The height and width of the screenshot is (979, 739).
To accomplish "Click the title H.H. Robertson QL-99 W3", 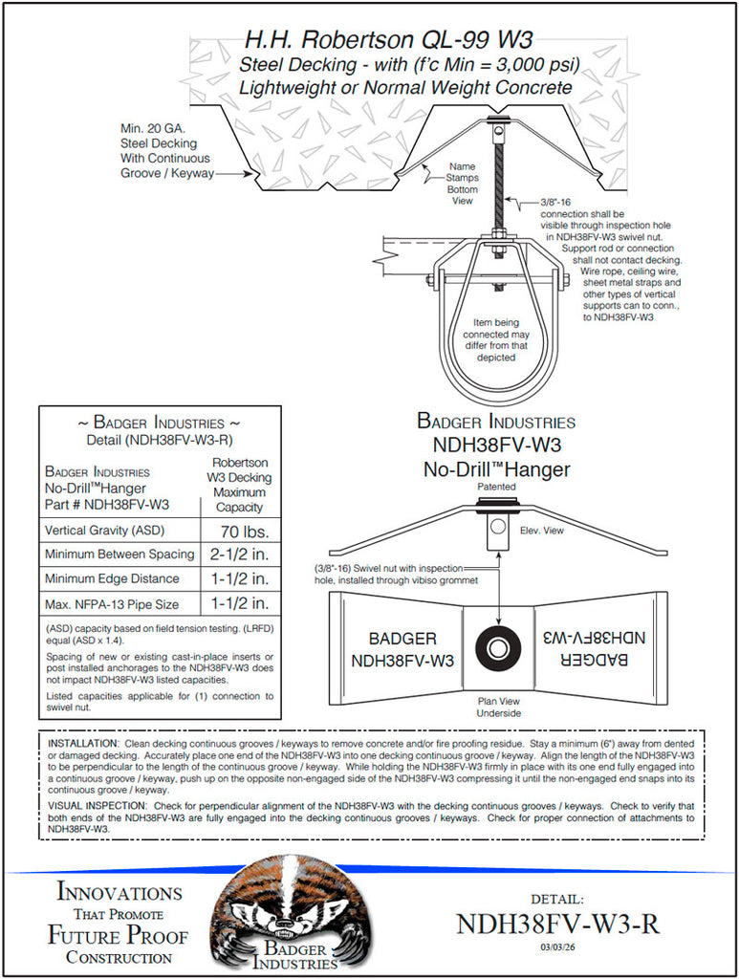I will click(x=388, y=40).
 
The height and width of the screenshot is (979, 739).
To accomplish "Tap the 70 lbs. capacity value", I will click(x=243, y=531).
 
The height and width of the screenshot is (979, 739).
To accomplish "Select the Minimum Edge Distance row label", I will click(x=112, y=578).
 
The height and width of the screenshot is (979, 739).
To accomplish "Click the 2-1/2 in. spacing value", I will click(x=243, y=555).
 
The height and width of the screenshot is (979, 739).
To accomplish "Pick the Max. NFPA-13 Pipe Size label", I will click(x=112, y=603).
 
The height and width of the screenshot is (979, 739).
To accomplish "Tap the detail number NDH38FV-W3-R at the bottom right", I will click(x=558, y=925).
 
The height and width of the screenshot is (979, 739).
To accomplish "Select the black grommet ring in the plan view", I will click(x=496, y=648).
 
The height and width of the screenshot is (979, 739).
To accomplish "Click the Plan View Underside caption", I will click(x=499, y=707).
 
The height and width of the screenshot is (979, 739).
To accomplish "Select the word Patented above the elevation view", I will click(x=496, y=487).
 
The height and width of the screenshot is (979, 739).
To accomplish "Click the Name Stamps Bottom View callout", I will click(x=463, y=184).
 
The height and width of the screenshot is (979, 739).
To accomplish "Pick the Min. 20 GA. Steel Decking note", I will click(x=164, y=151).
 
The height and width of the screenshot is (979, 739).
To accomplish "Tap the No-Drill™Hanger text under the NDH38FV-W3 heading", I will click(x=496, y=469).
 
